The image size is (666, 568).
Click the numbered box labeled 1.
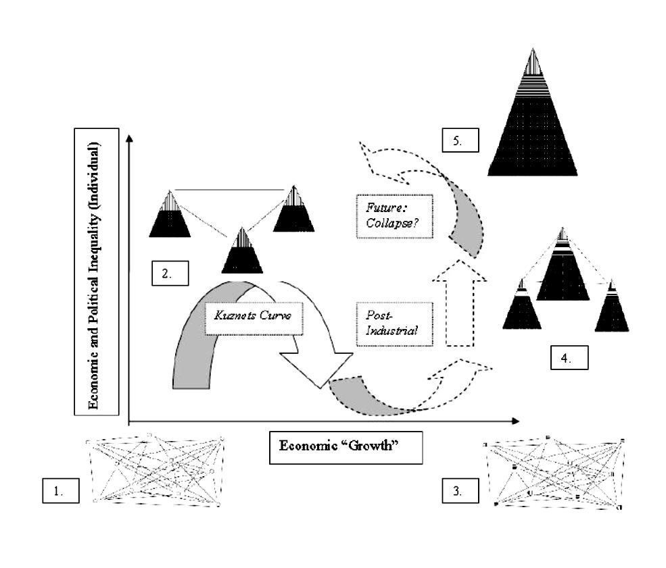click(61, 491)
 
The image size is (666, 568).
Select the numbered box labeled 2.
click(170, 273)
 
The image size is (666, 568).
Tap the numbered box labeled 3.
click(460, 491)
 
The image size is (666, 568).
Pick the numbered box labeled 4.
click(569, 357)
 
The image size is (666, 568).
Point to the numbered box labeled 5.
click(460, 140)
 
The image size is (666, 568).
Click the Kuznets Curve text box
click(254, 319)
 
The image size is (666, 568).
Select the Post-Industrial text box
click(395, 324)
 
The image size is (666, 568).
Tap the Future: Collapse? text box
click(395, 216)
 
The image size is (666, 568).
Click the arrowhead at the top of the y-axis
click(130, 138)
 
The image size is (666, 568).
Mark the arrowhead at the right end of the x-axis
click(516, 421)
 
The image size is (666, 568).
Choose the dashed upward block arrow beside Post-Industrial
click(460, 303)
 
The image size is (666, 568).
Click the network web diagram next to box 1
click(155, 469)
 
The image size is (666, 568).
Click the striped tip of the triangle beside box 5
click(533, 63)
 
